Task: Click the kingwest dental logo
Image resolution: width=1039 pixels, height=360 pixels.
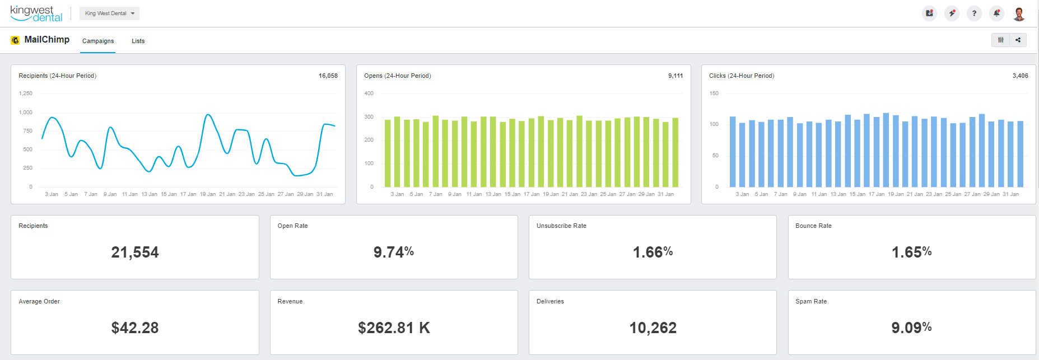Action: pos(36,13)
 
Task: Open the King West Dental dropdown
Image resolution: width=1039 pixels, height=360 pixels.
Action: pos(109,13)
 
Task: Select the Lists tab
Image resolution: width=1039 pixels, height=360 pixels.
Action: pos(138,41)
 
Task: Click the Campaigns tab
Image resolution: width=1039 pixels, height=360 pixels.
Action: pos(98,41)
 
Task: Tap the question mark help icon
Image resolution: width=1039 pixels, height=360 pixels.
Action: pos(974,13)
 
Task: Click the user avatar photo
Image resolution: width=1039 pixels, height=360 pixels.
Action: pos(1019,13)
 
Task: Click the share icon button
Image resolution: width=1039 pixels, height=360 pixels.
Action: pos(1018,40)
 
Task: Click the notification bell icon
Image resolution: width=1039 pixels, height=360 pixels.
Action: pos(996,13)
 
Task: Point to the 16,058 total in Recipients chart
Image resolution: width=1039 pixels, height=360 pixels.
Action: pos(328,76)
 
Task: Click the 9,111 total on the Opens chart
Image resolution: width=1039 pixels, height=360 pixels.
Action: pos(675,76)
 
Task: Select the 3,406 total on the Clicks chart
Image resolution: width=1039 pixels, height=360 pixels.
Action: pos(1020,76)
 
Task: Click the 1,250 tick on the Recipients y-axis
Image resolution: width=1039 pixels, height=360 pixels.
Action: pos(26,93)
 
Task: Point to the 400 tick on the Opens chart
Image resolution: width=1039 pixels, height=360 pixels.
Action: pos(369,93)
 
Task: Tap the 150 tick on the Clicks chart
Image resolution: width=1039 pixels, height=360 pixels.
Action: pos(714,93)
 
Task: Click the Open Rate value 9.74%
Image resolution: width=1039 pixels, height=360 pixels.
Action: pos(394,252)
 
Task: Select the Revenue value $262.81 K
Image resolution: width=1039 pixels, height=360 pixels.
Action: pos(394,328)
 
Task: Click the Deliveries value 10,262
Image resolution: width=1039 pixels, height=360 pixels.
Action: pos(653,328)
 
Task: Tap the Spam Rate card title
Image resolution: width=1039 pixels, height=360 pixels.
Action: pos(810,301)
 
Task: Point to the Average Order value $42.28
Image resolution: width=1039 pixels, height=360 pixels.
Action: pos(135,328)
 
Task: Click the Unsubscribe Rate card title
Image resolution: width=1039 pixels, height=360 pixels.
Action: pos(561,226)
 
